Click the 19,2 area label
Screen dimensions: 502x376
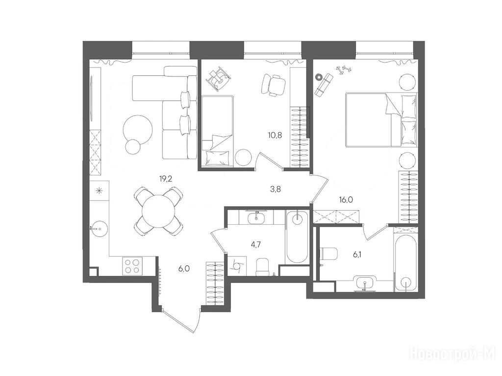[166, 179]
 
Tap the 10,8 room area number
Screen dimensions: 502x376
[275, 135]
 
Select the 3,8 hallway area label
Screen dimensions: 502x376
[276, 189]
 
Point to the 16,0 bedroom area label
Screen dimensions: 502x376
[346, 200]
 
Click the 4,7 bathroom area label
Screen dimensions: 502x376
[255, 245]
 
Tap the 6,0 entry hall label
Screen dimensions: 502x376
[184, 269]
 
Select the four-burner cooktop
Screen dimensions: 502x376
[132, 266]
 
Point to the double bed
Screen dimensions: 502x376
[381, 120]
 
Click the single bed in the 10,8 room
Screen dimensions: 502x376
[217, 131]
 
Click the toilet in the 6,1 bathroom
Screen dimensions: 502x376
[329, 254]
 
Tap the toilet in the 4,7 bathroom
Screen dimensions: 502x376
[263, 266]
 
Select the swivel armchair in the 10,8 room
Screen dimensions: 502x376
[273, 84]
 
